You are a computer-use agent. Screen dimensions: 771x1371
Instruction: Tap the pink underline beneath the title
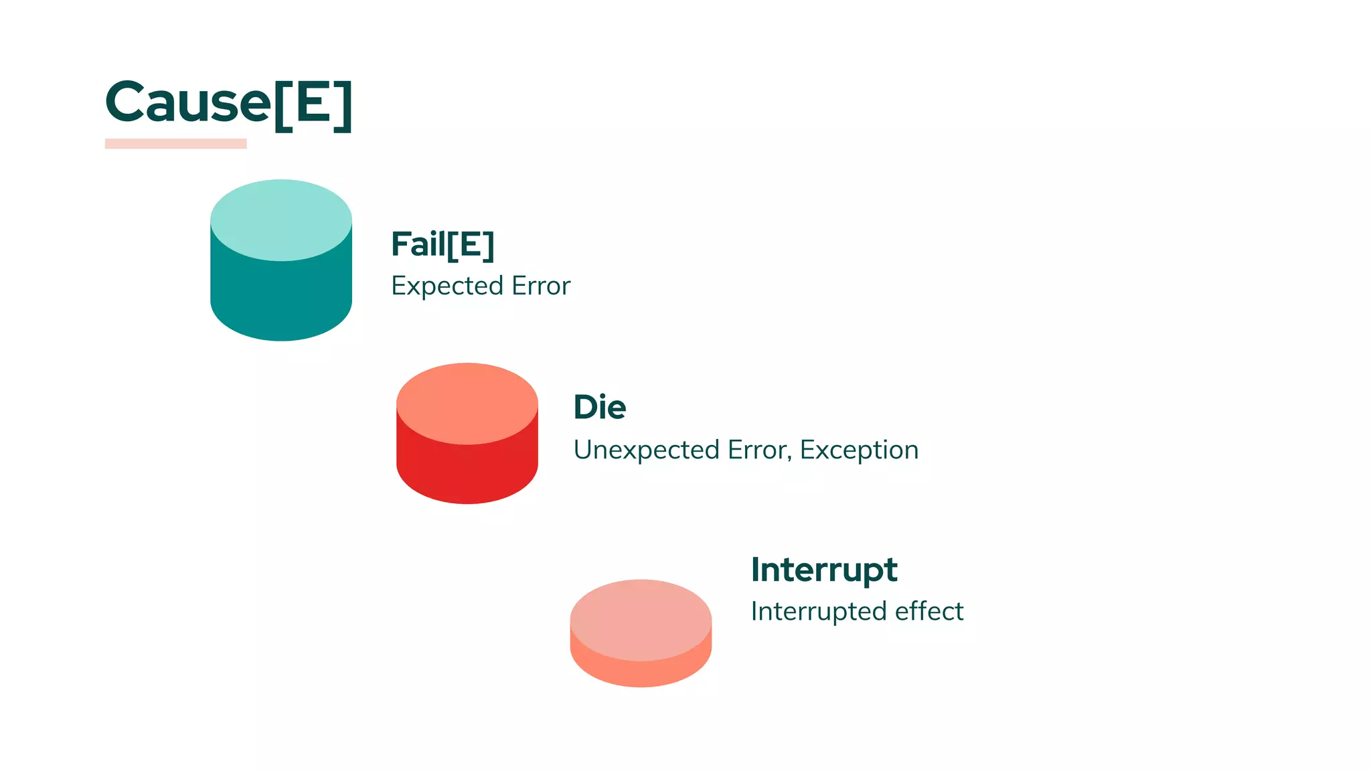pyautogui.click(x=175, y=143)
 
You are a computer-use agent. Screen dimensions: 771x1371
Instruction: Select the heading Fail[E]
pyautogui.click(x=442, y=244)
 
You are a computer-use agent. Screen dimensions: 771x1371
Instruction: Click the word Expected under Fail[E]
pyautogui.click(x=447, y=286)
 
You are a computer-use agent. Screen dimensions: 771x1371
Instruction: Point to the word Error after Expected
pyautogui.click(x=541, y=286)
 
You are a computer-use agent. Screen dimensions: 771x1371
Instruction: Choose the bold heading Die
pyautogui.click(x=600, y=407)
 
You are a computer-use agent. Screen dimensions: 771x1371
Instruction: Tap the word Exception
pyautogui.click(x=859, y=450)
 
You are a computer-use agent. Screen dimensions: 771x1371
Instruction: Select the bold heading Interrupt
pyautogui.click(x=823, y=570)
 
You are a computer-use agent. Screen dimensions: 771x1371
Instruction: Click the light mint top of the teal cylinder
pyautogui.click(x=281, y=220)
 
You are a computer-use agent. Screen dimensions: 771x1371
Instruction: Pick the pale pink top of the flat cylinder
pyautogui.click(x=641, y=619)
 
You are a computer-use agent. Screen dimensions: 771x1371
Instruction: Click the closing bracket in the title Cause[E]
pyautogui.click(x=343, y=106)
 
